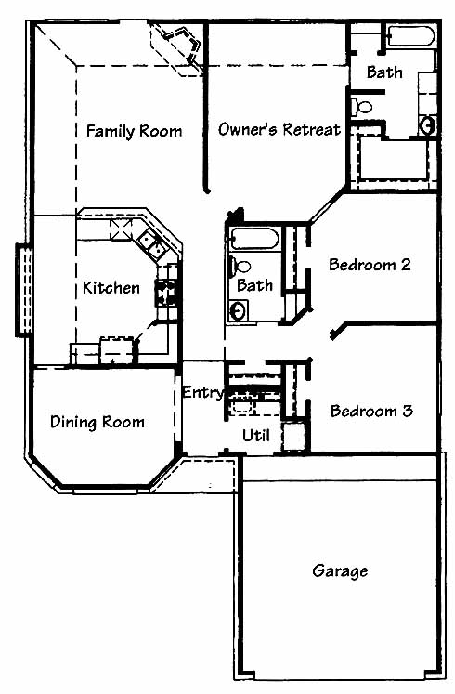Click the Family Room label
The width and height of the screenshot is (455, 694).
click(x=134, y=131)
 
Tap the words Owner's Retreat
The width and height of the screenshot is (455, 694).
click(x=279, y=129)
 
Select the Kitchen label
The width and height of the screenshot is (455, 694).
click(x=111, y=288)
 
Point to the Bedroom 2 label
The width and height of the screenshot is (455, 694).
click(x=370, y=265)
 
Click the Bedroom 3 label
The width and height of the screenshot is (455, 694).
click(x=371, y=411)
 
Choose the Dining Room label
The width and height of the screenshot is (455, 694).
click(x=97, y=422)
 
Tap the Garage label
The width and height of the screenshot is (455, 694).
click(x=340, y=571)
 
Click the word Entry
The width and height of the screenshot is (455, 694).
click(x=204, y=393)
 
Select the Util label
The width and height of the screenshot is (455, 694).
click(x=256, y=436)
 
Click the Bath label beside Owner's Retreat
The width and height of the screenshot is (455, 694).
click(x=384, y=72)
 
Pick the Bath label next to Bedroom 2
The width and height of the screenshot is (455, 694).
click(x=254, y=285)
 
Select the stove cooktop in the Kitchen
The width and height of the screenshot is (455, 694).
click(x=166, y=293)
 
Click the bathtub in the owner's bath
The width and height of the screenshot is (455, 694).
click(x=411, y=36)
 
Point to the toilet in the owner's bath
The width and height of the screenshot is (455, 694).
click(x=362, y=107)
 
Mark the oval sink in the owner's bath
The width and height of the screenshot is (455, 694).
click(x=427, y=125)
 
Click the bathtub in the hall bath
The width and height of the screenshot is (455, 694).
click(x=255, y=239)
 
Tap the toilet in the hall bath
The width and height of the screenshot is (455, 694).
click(x=239, y=267)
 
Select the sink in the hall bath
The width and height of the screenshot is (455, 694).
click(x=239, y=310)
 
